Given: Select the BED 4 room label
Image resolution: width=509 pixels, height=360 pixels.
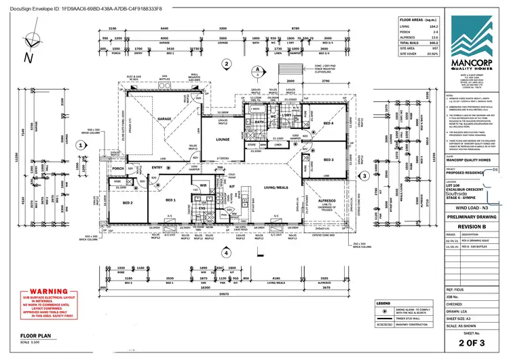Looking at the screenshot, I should (328, 124).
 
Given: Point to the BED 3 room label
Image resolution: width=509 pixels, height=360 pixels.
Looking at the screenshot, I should (328, 160).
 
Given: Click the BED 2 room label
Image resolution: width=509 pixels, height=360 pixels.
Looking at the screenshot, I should (127, 202).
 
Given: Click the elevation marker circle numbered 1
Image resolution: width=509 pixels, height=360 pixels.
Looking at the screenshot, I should (80, 145).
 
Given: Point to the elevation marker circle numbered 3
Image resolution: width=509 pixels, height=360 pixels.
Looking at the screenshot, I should (364, 175).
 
